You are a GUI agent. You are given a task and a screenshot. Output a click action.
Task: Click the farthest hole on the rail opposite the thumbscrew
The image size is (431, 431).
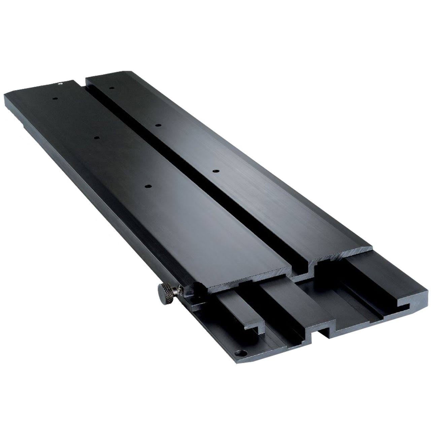111,88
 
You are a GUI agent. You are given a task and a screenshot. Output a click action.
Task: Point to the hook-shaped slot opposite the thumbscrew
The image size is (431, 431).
404,306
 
